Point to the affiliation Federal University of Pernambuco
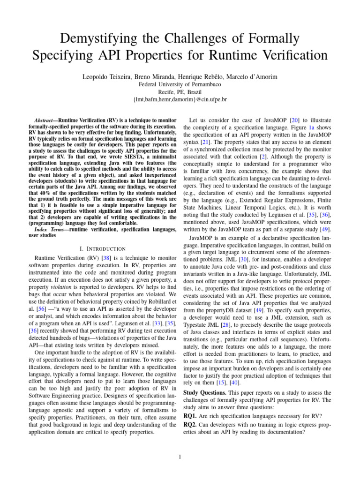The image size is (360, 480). coord(180,84)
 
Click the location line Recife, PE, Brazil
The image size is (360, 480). coord(180,92)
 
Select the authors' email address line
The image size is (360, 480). coord(180,100)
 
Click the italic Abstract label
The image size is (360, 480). coord(47,120)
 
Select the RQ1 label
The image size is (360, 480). coord(190,415)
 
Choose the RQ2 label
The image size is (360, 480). coord(190,424)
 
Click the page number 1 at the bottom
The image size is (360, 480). coord(180,457)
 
